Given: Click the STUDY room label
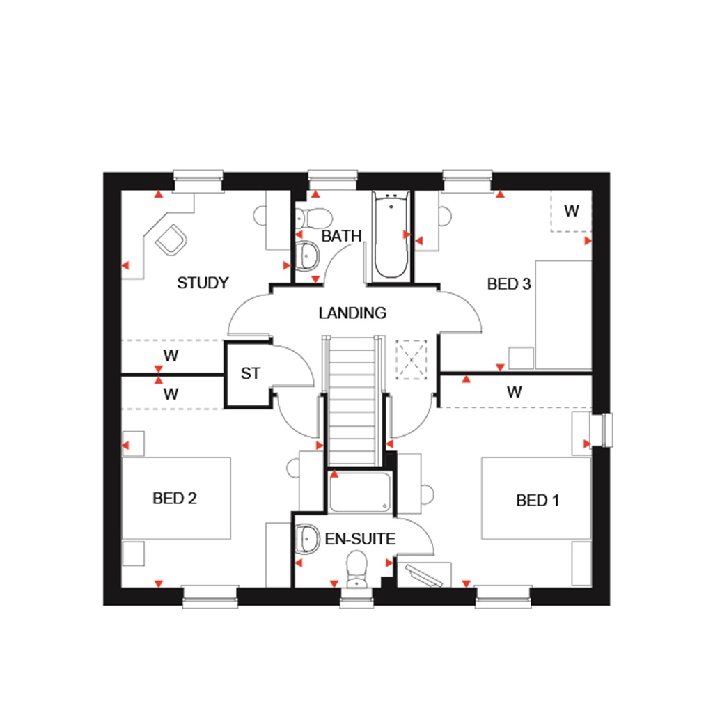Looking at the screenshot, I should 203,283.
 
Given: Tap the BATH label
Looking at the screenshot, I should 341,237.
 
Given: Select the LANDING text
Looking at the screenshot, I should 352,313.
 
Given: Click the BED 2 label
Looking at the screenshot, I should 175,499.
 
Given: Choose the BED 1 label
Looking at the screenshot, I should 537,501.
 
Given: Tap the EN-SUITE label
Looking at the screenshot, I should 360,539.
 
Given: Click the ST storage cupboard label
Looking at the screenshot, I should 250,374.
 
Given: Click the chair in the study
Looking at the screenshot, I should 172,240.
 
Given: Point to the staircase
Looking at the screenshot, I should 352,400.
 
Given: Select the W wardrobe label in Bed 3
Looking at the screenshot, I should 571,211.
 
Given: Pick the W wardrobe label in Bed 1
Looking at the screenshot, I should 514,392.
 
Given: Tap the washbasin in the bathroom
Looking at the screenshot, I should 306,256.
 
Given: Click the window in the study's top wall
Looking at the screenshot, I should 198,180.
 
